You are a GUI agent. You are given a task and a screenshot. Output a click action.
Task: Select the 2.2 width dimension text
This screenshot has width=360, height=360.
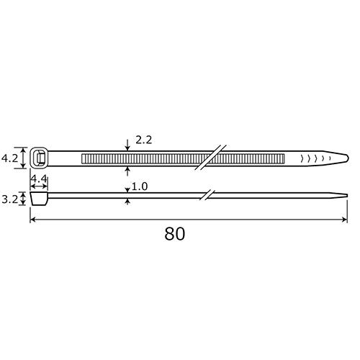point(143,140)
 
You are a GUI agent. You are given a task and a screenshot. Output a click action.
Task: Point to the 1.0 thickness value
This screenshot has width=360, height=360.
point(140,186)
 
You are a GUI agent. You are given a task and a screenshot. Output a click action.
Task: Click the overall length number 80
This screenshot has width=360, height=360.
point(175,233)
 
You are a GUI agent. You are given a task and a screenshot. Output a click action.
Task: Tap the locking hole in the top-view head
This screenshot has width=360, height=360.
point(40,157)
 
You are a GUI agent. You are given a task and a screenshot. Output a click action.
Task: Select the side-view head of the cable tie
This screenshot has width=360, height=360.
point(39,198)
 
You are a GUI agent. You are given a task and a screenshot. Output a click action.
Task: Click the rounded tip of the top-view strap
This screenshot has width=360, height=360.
point(345,157)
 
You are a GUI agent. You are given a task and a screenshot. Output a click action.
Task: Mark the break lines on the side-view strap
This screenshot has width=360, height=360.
point(207,194)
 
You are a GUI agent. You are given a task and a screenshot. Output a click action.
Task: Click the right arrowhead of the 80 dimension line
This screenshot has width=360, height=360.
point(344,221)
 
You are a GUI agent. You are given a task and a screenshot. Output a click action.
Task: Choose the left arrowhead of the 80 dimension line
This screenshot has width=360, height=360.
point(33,221)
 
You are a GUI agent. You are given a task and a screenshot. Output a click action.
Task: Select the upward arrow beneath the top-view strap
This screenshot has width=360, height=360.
point(127,169)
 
